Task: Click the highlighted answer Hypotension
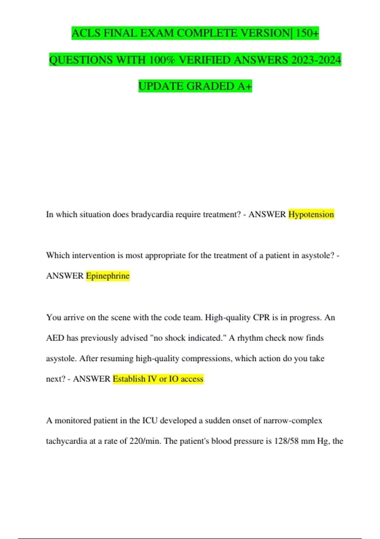pos(311,215)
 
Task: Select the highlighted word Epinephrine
pos(108,276)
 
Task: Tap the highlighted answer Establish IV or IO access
pos(158,379)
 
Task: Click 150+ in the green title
pos(307,33)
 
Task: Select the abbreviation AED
pos(55,338)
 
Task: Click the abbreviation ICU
pos(150,421)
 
